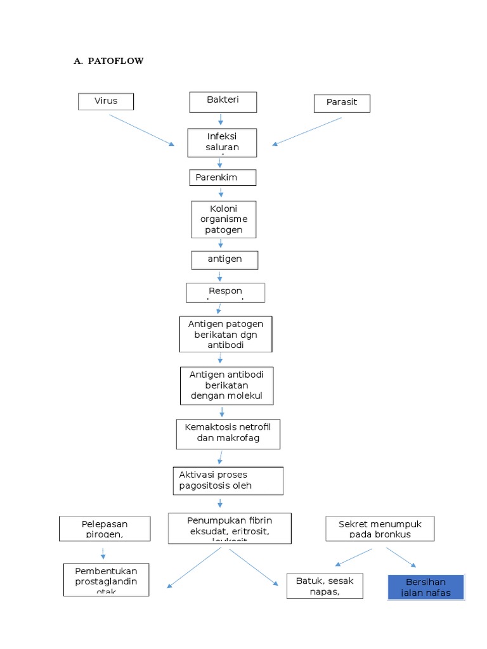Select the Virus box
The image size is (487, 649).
point(106,101)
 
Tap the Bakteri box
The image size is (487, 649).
point(223,101)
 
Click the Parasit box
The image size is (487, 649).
point(342,103)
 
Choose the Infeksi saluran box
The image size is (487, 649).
point(222,143)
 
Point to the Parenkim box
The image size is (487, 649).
point(222,177)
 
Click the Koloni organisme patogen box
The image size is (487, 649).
point(223,219)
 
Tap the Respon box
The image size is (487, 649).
point(225,292)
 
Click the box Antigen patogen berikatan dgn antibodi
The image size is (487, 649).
point(225,334)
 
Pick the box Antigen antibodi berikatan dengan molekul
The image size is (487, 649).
point(226,385)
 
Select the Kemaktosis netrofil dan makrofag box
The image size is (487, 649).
point(227,434)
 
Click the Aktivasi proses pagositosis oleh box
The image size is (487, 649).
point(228,480)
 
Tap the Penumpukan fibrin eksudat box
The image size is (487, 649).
point(230,528)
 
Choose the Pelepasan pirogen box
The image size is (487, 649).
point(105,529)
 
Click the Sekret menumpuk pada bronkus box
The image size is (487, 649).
point(380,529)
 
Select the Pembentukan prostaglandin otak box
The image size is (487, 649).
point(106,579)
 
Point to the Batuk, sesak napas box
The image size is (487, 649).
point(325,586)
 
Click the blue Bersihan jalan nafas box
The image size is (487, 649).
point(425,587)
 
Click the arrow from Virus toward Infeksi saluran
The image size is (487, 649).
point(141,130)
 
